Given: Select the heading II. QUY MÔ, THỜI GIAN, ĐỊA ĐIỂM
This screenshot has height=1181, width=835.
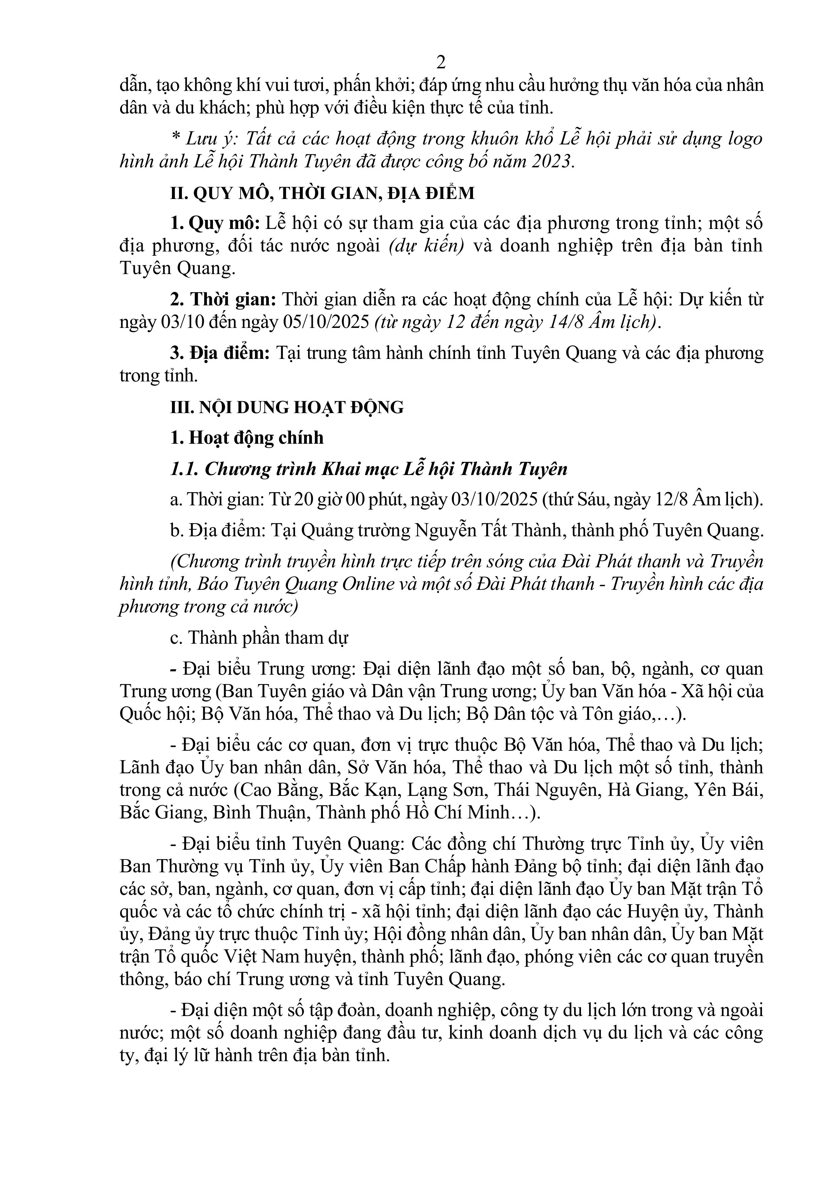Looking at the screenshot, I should tap(322, 193).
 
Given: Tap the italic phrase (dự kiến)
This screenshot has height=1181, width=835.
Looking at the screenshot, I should tap(426, 246).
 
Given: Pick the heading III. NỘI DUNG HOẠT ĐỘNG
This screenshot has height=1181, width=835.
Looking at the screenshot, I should tap(287, 407).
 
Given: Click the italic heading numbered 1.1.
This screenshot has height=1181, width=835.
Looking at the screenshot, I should tap(369, 469).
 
